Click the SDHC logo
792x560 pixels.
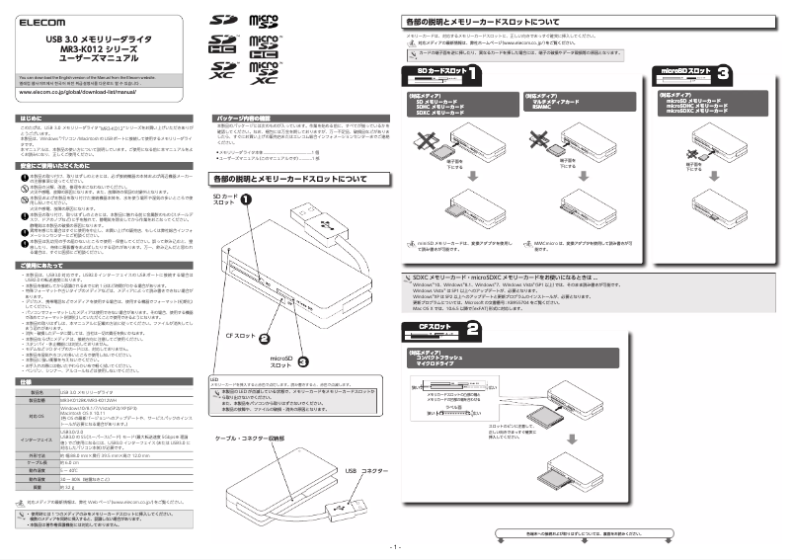tap(223, 44)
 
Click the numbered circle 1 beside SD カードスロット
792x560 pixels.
tap(245, 199)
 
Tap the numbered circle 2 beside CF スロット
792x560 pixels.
tap(265, 339)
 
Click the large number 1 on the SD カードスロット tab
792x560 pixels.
tap(475, 73)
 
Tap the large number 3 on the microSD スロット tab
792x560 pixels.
tap(724, 73)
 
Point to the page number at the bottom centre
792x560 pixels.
tap(395, 546)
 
